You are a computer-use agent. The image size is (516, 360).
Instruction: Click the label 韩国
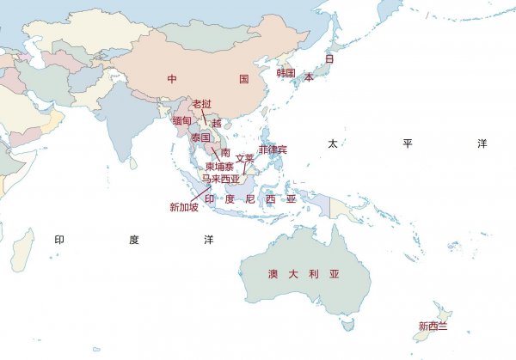pos(286,74)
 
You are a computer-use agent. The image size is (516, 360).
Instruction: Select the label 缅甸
pos(181,121)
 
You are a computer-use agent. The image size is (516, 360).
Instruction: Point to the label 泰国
pos(200,137)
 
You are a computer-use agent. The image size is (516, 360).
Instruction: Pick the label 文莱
pos(245,158)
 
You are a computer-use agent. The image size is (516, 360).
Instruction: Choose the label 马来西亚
pos(220,180)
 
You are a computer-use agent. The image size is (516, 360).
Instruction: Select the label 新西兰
pos(433,326)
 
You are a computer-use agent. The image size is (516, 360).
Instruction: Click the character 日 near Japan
pos(329,58)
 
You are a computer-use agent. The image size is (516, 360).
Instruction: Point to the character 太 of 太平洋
pos(332,143)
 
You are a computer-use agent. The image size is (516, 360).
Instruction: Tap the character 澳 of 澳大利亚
pos(272,274)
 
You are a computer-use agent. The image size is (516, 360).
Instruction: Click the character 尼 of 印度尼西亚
pos(250,198)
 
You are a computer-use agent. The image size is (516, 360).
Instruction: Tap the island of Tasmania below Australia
pos(347,326)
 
